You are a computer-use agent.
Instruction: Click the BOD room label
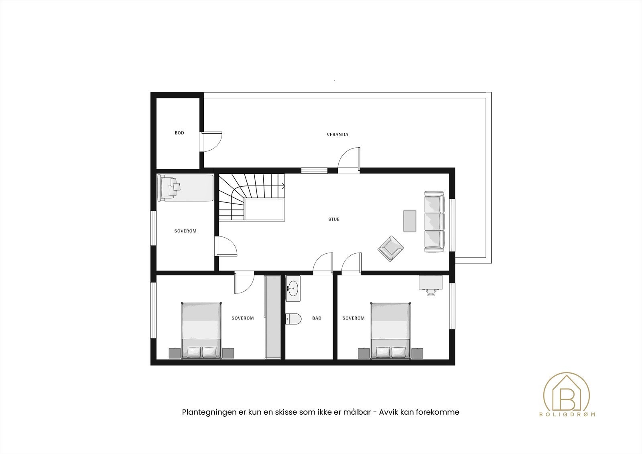click(x=179, y=133)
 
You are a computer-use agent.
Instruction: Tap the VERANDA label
click(x=337, y=134)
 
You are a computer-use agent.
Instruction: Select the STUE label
click(x=334, y=219)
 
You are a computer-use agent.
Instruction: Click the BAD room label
click(x=317, y=318)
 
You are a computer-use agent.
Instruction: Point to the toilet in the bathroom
click(x=293, y=319)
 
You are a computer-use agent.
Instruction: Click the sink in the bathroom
click(x=293, y=288)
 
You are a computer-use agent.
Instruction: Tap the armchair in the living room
click(x=391, y=248)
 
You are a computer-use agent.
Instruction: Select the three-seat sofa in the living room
click(x=435, y=222)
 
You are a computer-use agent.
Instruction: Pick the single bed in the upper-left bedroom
click(x=185, y=187)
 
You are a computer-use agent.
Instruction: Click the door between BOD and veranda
click(x=212, y=141)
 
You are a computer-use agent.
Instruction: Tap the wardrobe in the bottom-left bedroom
click(x=273, y=317)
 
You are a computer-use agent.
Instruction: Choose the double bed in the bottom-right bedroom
click(x=390, y=330)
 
